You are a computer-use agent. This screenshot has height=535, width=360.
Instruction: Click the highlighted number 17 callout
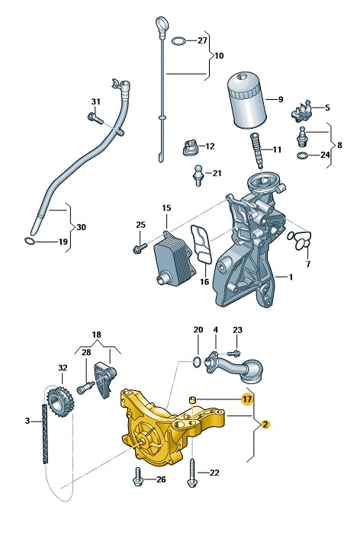click(246, 399)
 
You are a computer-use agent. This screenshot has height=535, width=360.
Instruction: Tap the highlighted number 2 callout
click(265, 424)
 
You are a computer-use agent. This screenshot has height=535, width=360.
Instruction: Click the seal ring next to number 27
click(178, 41)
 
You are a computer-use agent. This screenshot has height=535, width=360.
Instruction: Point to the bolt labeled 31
click(95, 117)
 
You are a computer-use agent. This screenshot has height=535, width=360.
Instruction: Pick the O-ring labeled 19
click(30, 241)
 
